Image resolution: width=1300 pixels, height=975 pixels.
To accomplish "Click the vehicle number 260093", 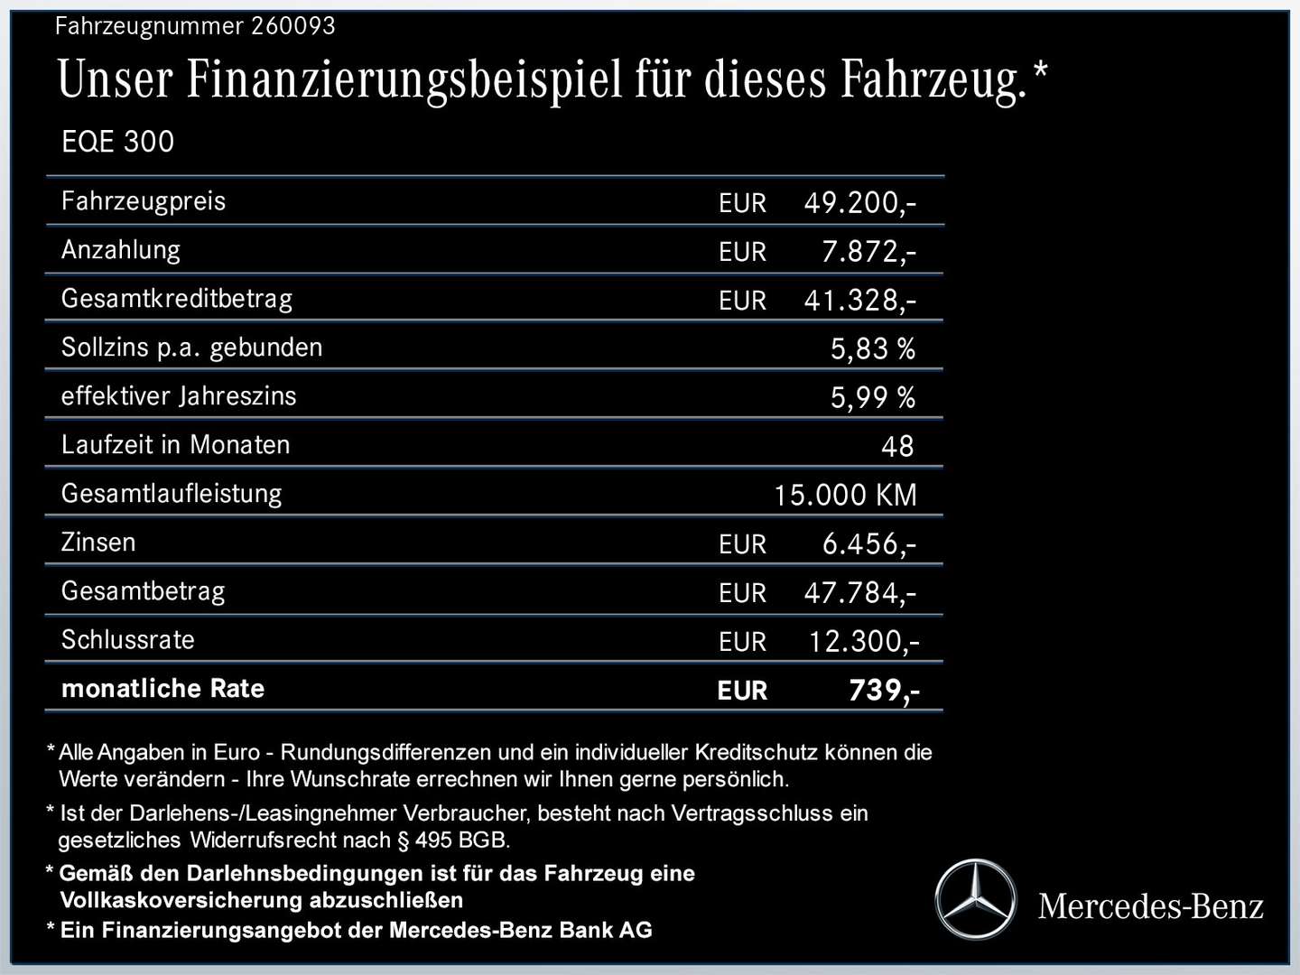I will coord(292,26).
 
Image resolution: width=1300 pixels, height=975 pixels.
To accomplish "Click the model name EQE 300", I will coord(117,142).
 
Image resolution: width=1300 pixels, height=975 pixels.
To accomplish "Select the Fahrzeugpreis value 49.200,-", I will coord(859,203).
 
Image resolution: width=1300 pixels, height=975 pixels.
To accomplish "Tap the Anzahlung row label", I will coord(121,250).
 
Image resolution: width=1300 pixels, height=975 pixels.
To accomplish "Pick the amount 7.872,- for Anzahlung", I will coord(868,252).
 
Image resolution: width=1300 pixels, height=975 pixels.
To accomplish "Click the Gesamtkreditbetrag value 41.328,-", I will coord(859,301).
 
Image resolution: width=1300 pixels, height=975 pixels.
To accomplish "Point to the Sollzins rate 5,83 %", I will coord(872,349).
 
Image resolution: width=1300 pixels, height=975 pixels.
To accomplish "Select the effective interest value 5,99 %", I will coord(872,398).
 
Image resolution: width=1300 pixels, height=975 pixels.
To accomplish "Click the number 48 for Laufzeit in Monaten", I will coord(897,447).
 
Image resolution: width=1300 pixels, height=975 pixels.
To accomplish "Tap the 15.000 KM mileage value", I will coord(845,496).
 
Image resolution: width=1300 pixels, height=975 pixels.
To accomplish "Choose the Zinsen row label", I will coord(98,543).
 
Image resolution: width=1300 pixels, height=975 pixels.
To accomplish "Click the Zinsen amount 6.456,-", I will coord(868,544).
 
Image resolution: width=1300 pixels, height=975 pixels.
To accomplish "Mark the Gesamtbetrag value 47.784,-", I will coord(859,593).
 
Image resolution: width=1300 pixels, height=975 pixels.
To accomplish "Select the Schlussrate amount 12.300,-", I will coord(863,642).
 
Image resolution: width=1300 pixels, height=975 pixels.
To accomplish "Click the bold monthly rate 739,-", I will coord(883,691).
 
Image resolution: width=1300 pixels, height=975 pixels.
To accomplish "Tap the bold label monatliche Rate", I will coord(162,689).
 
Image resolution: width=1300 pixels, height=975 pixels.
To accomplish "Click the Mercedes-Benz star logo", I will coord(975,900).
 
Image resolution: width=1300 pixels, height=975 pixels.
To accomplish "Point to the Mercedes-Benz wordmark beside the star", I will coord(1150,906).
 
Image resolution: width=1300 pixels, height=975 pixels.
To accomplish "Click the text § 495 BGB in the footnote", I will coord(453,840).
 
